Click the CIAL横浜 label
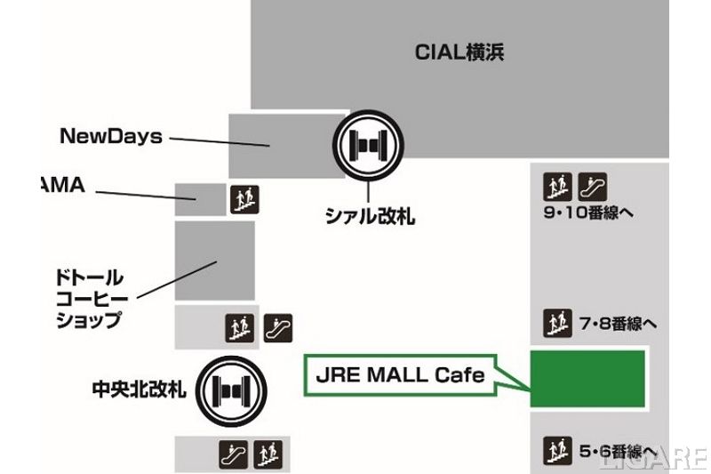[x=459, y=52]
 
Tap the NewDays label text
[x=111, y=136]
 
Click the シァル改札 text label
[x=370, y=215]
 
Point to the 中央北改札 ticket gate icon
[x=231, y=390]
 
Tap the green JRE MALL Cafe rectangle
[x=587, y=379]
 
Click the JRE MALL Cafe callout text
[x=401, y=374]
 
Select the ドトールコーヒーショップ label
[x=89, y=299]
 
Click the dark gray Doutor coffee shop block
[x=214, y=261]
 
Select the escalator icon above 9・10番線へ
[x=592, y=187]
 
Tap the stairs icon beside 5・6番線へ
[x=556, y=448]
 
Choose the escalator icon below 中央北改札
[x=233, y=454]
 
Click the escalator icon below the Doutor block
[x=278, y=327]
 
